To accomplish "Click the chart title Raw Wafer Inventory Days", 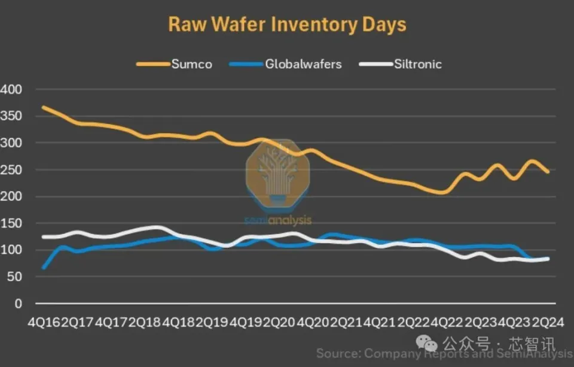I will click(x=287, y=25).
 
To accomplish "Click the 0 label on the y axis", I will click(x=18, y=304).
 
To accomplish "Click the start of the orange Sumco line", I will click(x=44, y=108).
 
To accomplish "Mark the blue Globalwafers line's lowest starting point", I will click(x=44, y=268).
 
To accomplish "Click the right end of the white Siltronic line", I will click(x=548, y=259).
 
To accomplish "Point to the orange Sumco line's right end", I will click(x=548, y=172).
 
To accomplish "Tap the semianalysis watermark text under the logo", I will click(x=278, y=221).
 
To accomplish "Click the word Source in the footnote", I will click(x=338, y=353).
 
